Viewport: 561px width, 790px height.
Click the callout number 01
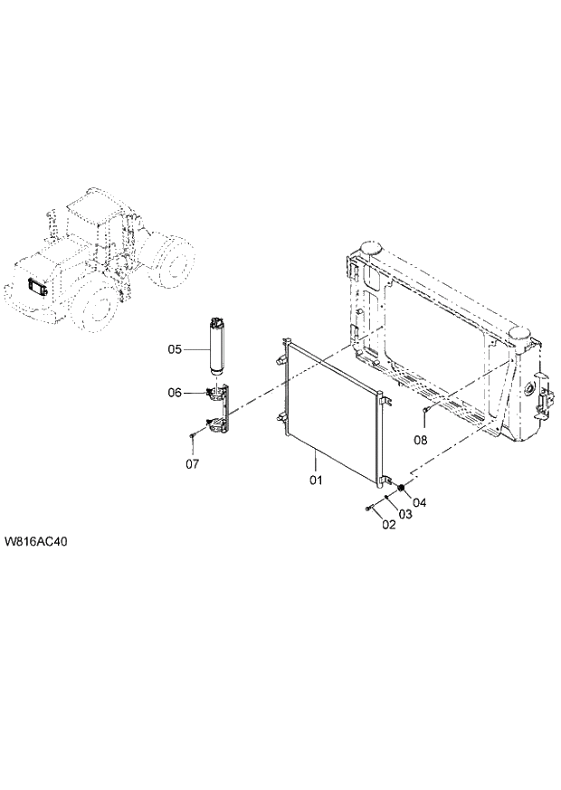pyautogui.click(x=316, y=480)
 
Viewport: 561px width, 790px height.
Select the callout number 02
pyautogui.click(x=389, y=524)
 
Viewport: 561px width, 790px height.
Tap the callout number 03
pyautogui.click(x=405, y=514)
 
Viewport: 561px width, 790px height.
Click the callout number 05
pyautogui.click(x=176, y=348)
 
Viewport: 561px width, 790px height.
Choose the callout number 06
pyautogui.click(x=176, y=392)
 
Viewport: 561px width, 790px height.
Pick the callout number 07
pyautogui.click(x=192, y=464)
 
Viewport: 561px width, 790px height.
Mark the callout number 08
pyautogui.click(x=421, y=441)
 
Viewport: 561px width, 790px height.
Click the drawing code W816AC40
pyautogui.click(x=37, y=543)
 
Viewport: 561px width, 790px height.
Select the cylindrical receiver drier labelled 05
pyautogui.click(x=216, y=346)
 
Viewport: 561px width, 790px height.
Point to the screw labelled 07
pyautogui.click(x=193, y=437)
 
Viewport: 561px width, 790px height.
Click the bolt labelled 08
pyautogui.click(x=423, y=413)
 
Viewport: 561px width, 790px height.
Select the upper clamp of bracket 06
pyautogui.click(x=215, y=392)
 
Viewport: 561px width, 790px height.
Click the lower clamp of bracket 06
pyautogui.click(x=215, y=424)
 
